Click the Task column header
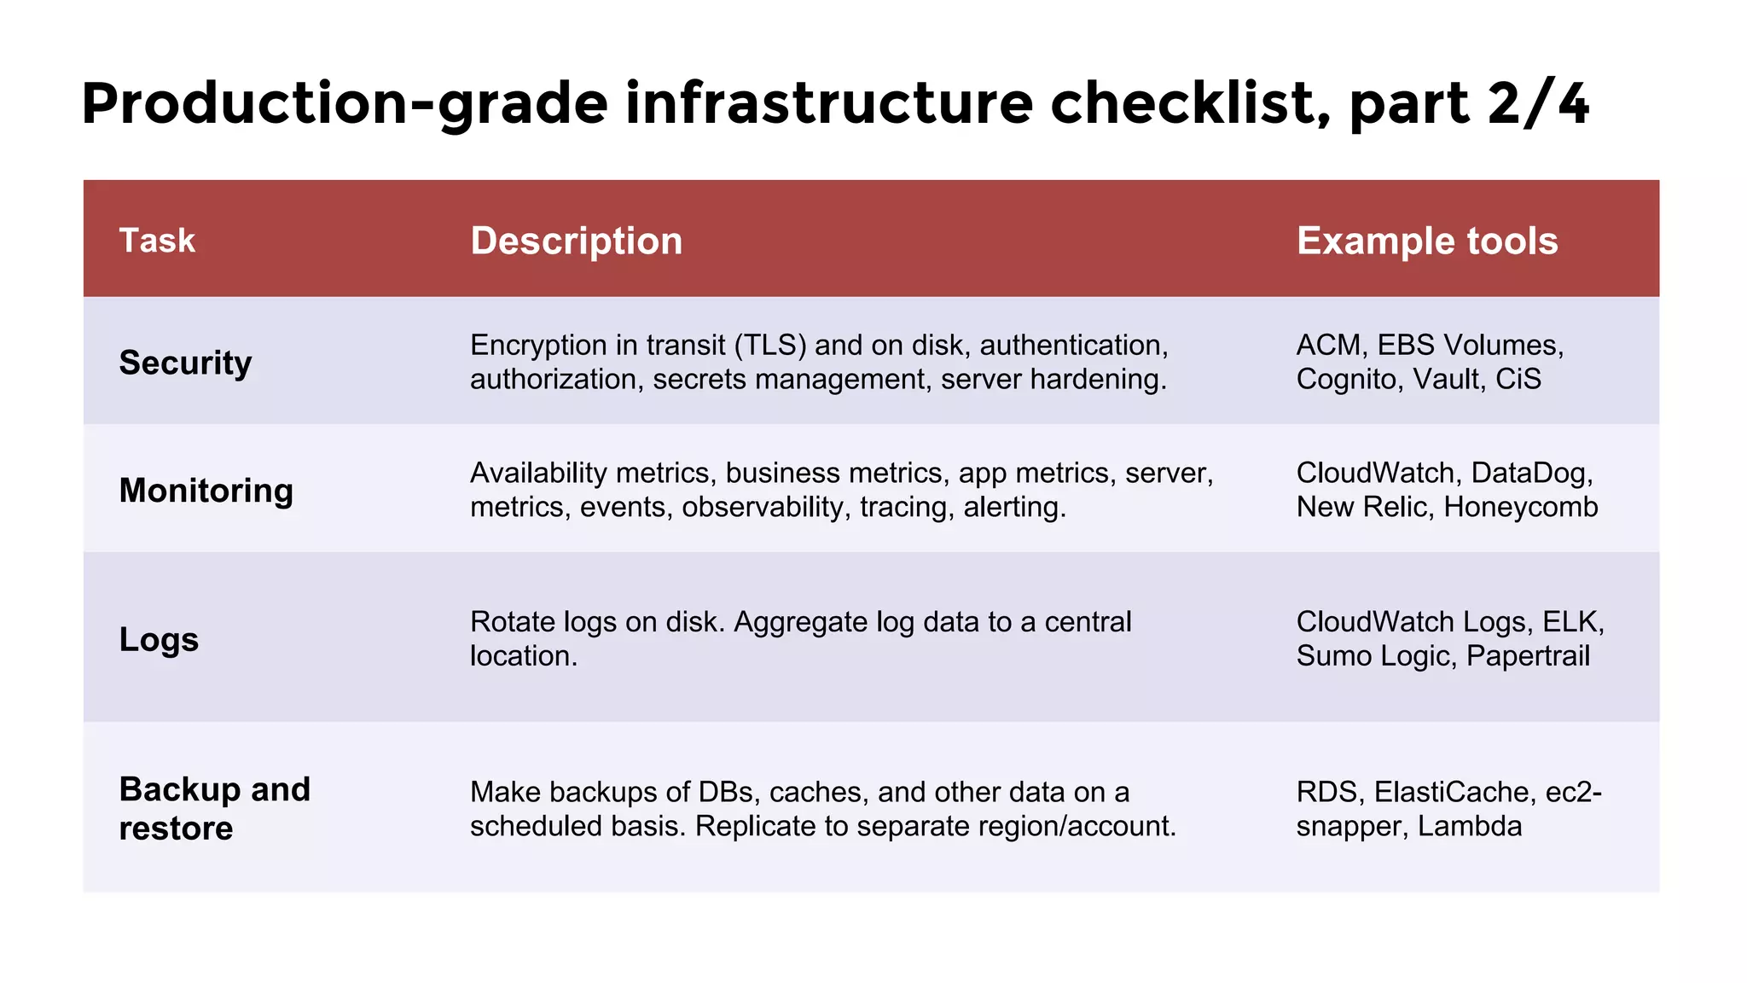(157, 241)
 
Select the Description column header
(576, 241)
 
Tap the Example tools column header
(1427, 241)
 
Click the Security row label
(185, 363)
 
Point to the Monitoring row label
(206, 491)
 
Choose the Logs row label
(159, 639)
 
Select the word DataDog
(1531, 474)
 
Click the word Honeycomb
(1520, 508)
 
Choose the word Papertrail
(1528, 656)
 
